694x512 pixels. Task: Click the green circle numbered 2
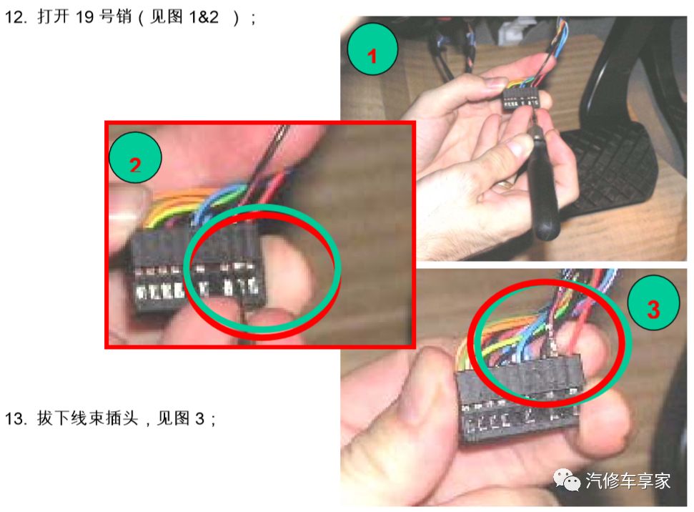pyautogui.click(x=135, y=162)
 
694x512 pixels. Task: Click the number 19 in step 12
pyautogui.click(x=85, y=17)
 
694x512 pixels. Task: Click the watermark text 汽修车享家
pyautogui.click(x=628, y=481)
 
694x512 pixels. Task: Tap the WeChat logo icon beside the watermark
pyautogui.click(x=570, y=481)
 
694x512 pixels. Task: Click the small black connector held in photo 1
pyautogui.click(x=520, y=99)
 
